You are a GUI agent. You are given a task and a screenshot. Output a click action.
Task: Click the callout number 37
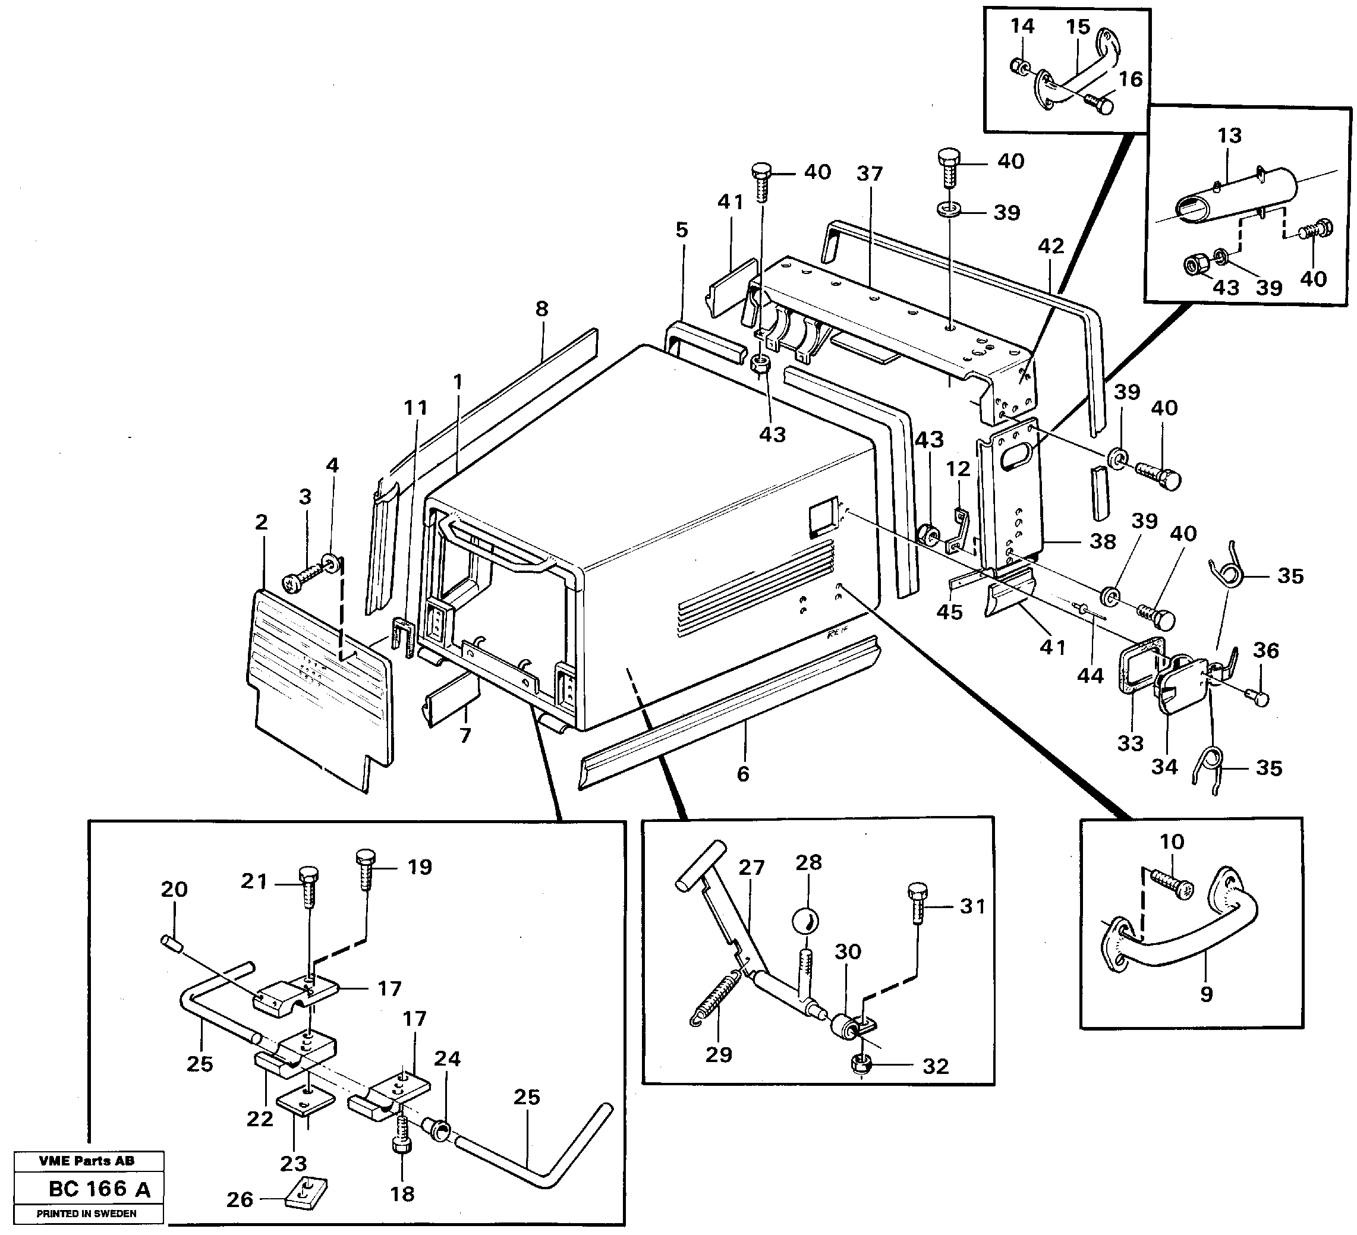[x=869, y=174]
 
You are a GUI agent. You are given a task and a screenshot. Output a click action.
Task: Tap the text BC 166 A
[x=100, y=1189]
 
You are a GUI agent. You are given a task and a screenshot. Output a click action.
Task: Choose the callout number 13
[x=1229, y=136]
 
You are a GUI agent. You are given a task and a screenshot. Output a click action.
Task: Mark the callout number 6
[x=742, y=774]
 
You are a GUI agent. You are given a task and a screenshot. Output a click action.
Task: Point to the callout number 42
[x=1051, y=246]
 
